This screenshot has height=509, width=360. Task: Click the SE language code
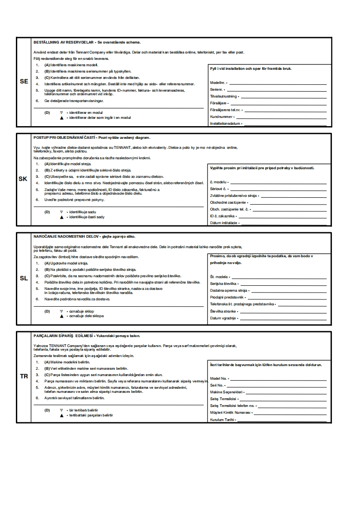coord(24,82)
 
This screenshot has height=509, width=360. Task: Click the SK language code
coord(23,179)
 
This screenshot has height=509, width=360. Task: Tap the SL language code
coord(24,278)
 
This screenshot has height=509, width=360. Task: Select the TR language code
coord(24,377)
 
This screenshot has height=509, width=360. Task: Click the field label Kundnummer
coord(221,117)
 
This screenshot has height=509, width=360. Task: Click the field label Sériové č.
coord(218,188)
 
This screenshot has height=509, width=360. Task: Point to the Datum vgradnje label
coord(222,318)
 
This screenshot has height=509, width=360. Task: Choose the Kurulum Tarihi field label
coord(222,420)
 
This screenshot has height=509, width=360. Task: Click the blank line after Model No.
coord(279,378)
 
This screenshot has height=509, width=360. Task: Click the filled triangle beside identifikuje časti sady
coord(61,217)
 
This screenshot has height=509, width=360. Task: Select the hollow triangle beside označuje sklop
coord(61,311)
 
